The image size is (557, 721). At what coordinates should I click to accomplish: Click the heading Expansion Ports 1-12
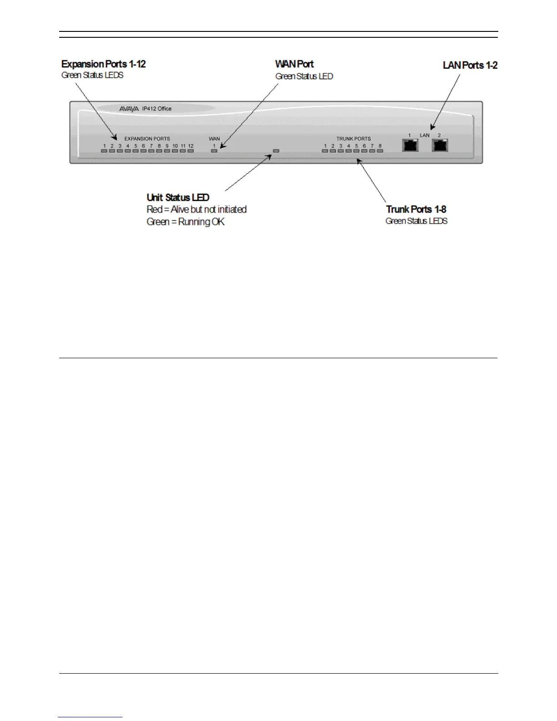103,64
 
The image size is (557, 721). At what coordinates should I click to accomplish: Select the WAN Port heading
294,64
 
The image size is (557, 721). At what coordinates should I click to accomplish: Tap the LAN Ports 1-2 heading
470,66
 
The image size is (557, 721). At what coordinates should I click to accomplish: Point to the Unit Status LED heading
178,198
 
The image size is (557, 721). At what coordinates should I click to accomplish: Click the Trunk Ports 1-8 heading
416,209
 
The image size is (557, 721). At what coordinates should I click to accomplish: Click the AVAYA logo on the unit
129,109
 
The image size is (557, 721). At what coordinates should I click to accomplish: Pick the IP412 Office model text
157,109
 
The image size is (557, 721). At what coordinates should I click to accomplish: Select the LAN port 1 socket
410,146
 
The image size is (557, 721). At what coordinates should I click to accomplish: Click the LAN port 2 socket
440,146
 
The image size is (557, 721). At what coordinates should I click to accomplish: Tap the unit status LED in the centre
276,150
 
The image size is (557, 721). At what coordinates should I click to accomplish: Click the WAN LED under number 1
214,151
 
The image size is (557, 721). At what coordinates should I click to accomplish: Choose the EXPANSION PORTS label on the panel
147,139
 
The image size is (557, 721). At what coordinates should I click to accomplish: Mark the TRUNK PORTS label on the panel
353,139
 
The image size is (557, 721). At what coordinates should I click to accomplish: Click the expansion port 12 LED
191,151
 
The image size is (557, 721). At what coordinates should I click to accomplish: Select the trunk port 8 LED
380,151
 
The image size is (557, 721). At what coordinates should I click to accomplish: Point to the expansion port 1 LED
104,151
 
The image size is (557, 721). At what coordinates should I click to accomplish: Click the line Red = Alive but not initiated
197,209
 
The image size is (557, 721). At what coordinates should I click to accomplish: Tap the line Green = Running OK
186,222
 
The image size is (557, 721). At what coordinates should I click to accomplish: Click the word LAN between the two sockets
425,136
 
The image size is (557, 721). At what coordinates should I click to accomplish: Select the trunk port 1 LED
325,151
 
